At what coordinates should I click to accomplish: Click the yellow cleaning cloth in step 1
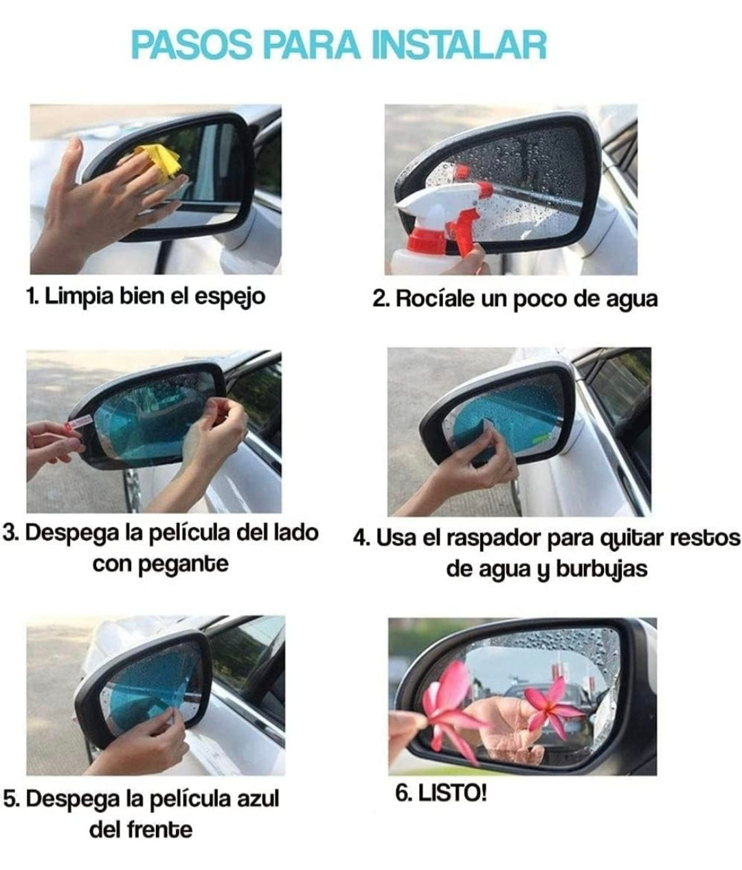pyautogui.click(x=158, y=160)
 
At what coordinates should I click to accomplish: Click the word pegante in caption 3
pyautogui.click(x=183, y=566)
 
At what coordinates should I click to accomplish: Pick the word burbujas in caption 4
pyautogui.click(x=602, y=570)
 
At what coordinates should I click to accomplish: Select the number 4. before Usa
pyautogui.click(x=362, y=538)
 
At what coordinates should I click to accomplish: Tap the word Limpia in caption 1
pyautogui.click(x=79, y=296)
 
